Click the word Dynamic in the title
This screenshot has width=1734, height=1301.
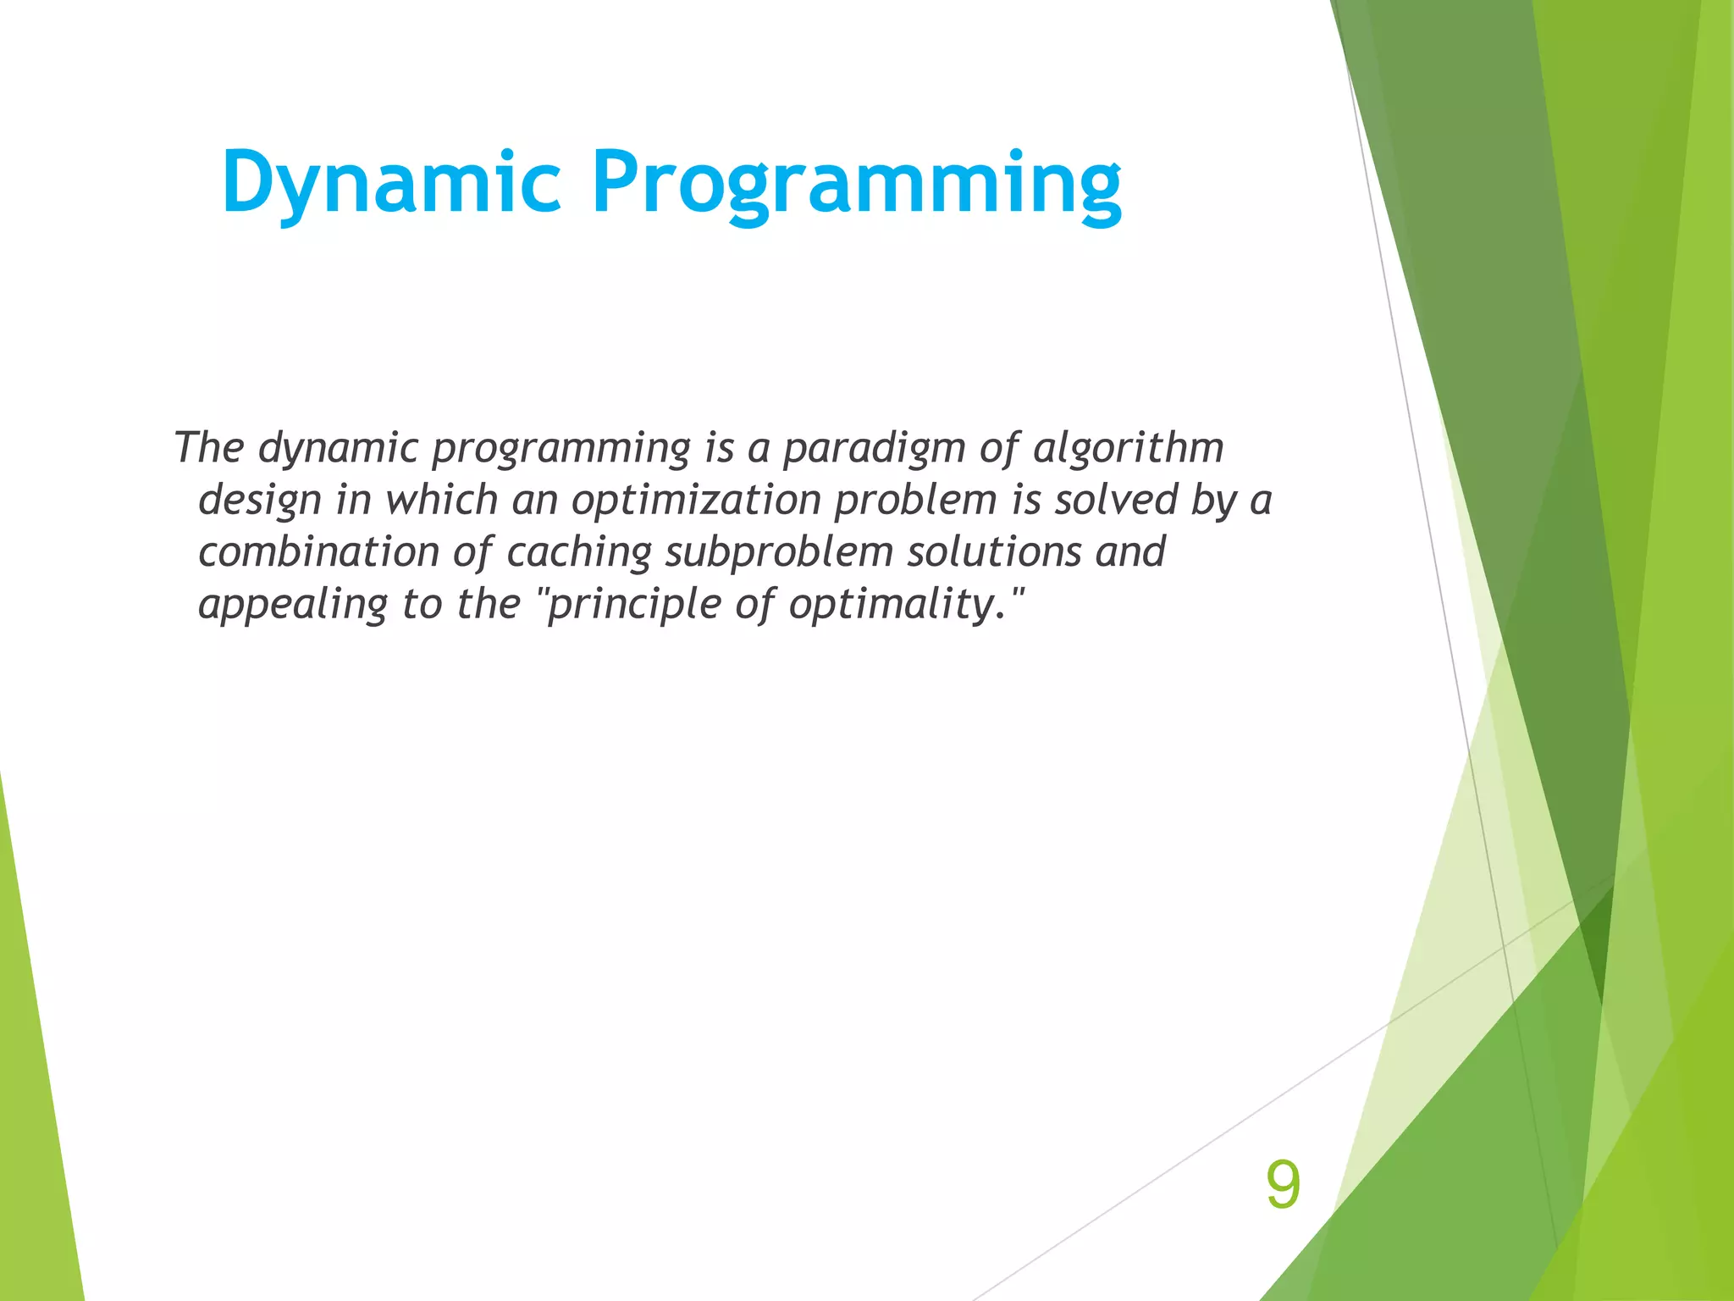click(x=391, y=182)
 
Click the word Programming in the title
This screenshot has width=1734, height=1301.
click(x=856, y=182)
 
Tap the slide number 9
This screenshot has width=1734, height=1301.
click(x=1283, y=1185)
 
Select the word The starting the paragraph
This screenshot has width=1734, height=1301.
click(x=208, y=447)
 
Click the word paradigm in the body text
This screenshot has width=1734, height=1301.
click(x=873, y=449)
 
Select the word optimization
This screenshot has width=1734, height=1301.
click(x=696, y=501)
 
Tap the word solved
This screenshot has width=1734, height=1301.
click(x=1115, y=499)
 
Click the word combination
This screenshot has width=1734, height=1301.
click(x=318, y=551)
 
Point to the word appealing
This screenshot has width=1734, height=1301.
click(x=293, y=605)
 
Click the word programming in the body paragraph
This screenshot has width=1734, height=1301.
click(x=560, y=449)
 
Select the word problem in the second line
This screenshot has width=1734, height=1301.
click(x=915, y=501)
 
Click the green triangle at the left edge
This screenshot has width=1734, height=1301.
click(x=34, y=1101)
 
